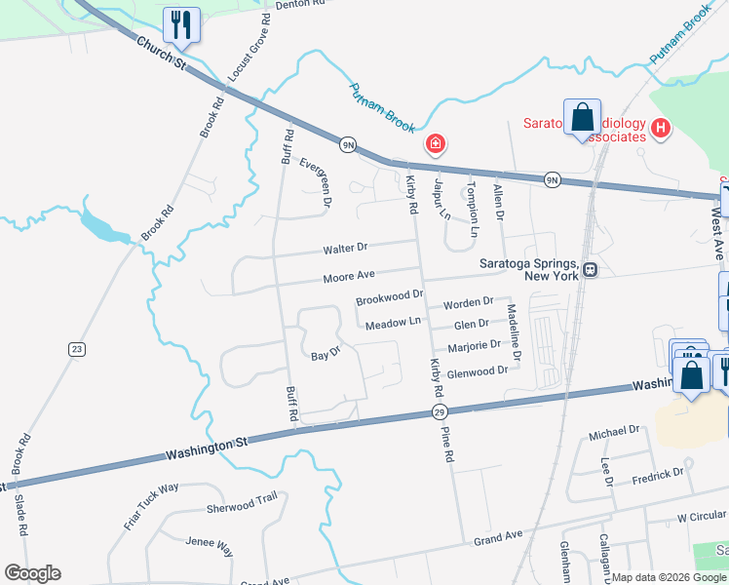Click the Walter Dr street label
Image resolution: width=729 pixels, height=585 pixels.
[x=347, y=248]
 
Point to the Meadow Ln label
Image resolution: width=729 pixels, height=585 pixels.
[x=393, y=323]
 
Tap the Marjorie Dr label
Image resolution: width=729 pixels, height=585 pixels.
[x=474, y=346]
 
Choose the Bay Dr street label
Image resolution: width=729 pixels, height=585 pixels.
[x=325, y=355]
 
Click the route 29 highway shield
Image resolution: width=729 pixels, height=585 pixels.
[x=439, y=413]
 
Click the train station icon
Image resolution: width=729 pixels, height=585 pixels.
[x=590, y=269]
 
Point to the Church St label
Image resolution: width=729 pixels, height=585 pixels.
[x=161, y=53]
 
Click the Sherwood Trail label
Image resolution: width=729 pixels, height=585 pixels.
[x=242, y=502]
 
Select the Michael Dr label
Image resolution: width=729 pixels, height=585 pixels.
[x=620, y=429]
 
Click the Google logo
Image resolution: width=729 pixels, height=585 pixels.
[x=32, y=573]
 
